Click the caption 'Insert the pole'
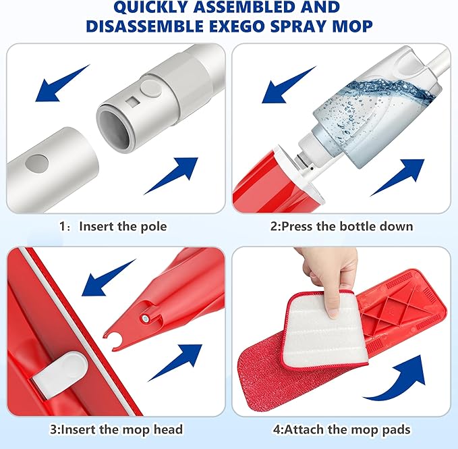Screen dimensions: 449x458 121,226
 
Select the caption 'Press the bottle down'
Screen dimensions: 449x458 341,226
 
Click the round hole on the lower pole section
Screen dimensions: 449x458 38,163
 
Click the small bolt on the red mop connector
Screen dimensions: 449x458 145,315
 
